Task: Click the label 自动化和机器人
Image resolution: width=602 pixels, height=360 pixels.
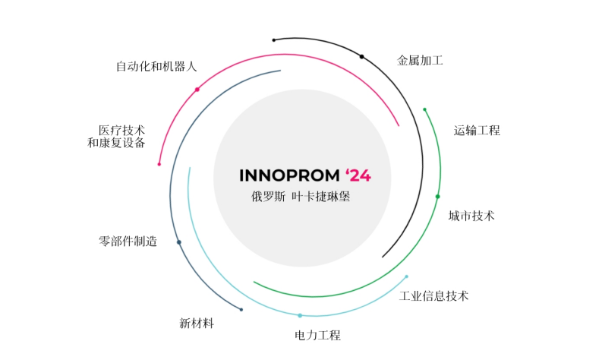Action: coord(156,66)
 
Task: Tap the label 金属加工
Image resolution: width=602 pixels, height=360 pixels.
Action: coord(420,61)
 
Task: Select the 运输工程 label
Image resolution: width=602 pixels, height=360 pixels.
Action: coord(477,131)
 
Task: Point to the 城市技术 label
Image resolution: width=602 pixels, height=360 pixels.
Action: coord(471,216)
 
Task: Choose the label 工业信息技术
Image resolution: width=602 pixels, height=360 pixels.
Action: coord(433,296)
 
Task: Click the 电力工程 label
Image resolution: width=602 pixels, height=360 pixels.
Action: coord(317,335)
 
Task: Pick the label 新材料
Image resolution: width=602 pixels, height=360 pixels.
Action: coord(197,324)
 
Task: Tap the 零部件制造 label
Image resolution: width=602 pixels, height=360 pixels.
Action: coord(128,242)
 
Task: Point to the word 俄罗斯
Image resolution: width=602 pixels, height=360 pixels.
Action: coord(268,196)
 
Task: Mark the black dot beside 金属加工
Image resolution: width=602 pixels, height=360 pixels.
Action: coord(362,56)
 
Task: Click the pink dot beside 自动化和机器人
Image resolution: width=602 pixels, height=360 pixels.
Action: coord(197,90)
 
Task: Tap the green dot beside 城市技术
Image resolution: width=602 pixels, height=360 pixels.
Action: coord(437,197)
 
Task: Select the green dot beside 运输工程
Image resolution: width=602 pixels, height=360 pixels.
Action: coord(424,109)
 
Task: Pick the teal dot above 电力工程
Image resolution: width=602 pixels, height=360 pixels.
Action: coord(300,315)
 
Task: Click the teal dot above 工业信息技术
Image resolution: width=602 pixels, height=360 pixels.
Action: coord(406,276)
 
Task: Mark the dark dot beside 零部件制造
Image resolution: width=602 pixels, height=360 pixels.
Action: coord(179,242)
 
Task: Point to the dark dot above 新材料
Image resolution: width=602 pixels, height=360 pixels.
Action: coord(241,309)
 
